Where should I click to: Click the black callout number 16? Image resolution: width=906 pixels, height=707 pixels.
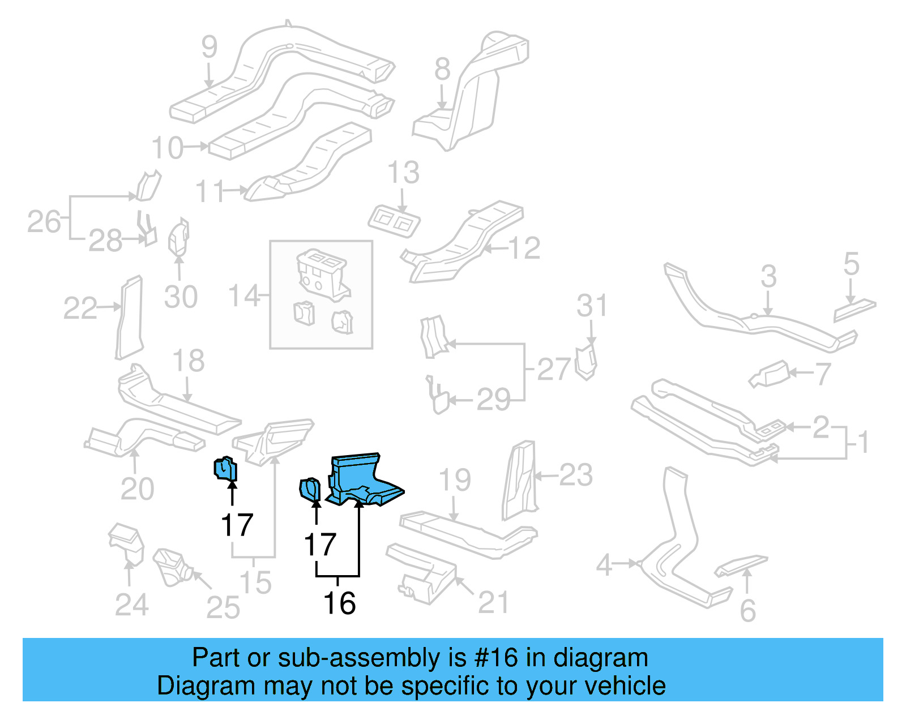(339, 603)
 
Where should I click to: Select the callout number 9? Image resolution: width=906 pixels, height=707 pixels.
(209, 47)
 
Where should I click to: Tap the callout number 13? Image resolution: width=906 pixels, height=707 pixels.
(403, 172)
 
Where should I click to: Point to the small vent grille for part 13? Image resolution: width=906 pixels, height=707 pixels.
(395, 221)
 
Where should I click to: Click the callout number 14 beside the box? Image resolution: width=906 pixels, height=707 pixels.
(243, 295)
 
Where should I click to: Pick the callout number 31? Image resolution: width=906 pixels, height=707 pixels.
(592, 306)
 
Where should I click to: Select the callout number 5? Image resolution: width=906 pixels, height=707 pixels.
(851, 264)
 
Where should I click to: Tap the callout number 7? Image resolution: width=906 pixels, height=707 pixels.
(823, 374)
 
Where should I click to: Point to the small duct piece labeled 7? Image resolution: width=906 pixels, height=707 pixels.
(770, 375)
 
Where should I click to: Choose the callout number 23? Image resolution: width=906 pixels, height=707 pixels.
(576, 475)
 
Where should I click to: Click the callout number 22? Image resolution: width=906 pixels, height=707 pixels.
(80, 308)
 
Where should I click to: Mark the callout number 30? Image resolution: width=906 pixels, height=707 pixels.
(181, 297)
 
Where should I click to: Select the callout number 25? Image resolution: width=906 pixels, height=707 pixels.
(223, 608)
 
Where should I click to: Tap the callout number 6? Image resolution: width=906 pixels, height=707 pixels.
(748, 610)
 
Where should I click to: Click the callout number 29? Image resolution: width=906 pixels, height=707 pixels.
(493, 400)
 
